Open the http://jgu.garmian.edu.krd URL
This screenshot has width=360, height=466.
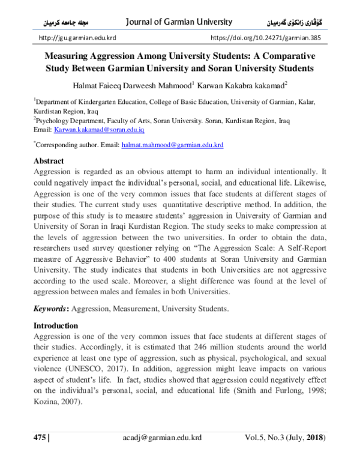point(77,38)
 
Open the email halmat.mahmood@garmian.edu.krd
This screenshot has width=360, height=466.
point(173,145)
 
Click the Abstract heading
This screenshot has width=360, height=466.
point(49,162)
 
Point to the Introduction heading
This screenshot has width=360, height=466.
point(56,325)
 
